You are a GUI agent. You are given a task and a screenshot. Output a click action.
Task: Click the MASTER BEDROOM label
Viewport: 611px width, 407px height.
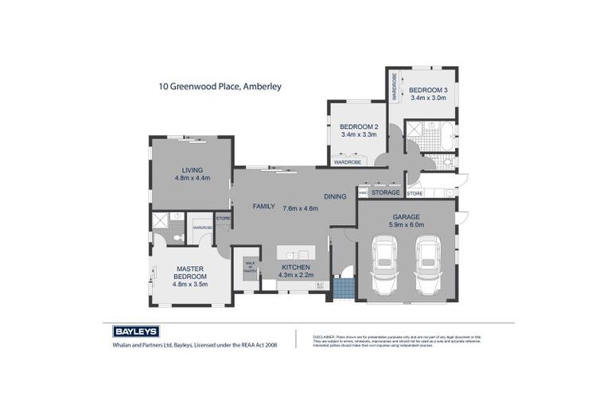coord(192,273)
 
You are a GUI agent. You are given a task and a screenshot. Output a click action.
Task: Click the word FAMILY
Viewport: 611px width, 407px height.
coord(263,207)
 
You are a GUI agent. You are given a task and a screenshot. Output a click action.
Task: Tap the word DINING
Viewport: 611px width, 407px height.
coord(334,196)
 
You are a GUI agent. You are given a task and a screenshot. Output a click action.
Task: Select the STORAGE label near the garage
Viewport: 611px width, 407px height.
coord(386,192)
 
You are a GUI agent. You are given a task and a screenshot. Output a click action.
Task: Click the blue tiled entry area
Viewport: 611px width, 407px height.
coord(342,287)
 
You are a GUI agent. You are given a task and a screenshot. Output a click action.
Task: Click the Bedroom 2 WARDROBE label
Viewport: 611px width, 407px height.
coord(348,162)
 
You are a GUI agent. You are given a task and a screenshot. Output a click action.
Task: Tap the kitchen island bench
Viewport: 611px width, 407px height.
coord(295,253)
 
